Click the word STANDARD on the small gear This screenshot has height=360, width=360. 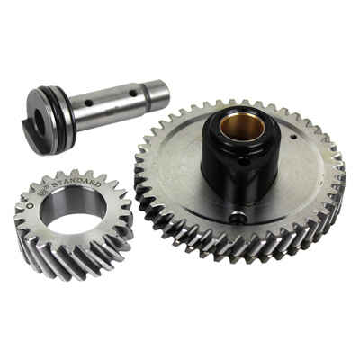click(x=76, y=182)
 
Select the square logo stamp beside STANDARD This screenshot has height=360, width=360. click(x=41, y=193)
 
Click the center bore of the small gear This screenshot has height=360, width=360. click(x=73, y=208)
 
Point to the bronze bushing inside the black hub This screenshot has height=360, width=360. click(x=242, y=126)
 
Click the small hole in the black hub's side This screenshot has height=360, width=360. click(x=244, y=163)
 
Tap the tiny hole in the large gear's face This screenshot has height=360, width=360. click(x=294, y=138)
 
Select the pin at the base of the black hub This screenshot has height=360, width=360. click(x=238, y=218)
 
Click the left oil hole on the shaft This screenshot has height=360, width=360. click(x=88, y=103)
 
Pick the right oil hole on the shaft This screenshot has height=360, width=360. click(x=133, y=94)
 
